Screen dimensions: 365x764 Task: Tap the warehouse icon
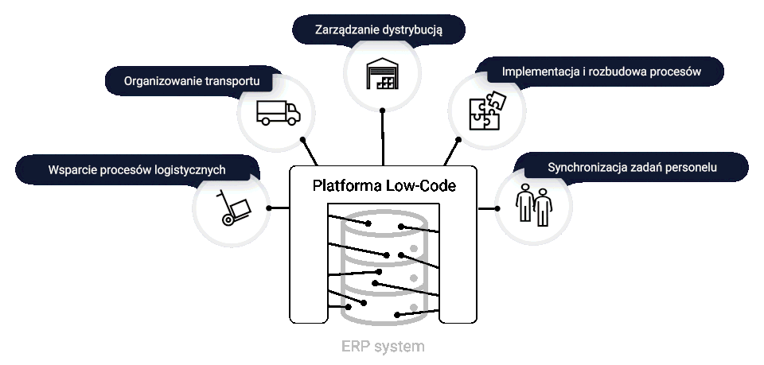[x=383, y=74]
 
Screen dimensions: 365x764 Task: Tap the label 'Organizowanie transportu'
[x=192, y=80]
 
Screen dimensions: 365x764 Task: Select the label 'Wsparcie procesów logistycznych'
[x=137, y=169]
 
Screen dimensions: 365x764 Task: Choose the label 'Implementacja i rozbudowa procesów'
[x=601, y=72]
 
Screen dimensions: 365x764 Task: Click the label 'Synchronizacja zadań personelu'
[x=633, y=168]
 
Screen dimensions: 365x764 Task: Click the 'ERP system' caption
[x=383, y=347]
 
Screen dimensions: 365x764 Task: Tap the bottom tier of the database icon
[x=384, y=305]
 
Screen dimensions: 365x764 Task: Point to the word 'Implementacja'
[x=539, y=72]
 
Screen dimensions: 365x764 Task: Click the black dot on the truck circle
[x=302, y=138]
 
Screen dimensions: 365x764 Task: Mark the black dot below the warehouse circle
[x=383, y=111]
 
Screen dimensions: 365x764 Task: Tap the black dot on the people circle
[x=497, y=208]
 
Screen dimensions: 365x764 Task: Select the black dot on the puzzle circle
[x=459, y=138]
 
